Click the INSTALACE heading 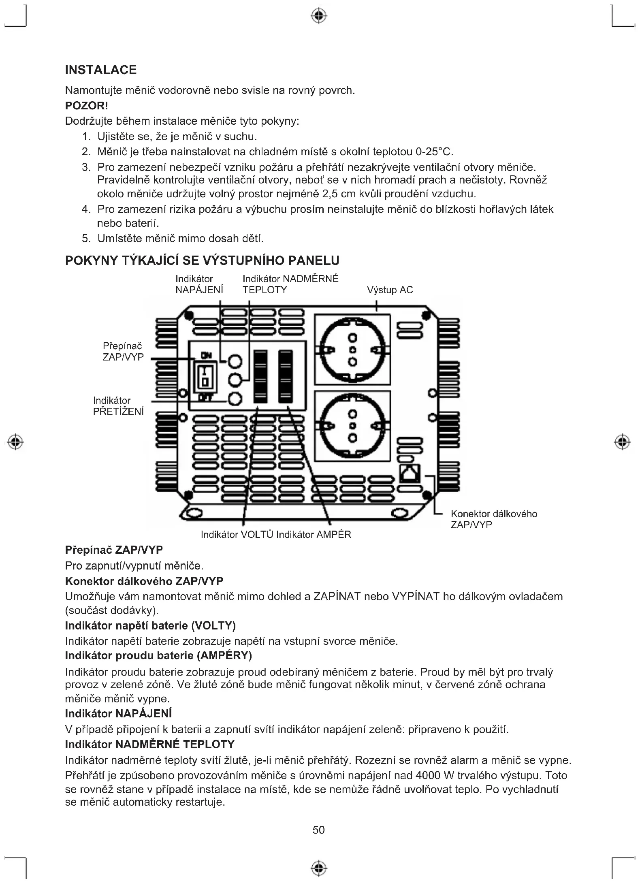pos(101,70)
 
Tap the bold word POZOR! pos(87,106)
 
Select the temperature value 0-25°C pos(433,152)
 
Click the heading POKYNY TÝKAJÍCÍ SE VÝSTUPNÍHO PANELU pos(202,260)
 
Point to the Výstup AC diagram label pos(390,290)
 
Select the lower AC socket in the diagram pos(352,426)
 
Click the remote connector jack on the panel pos(410,472)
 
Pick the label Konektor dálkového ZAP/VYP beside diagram pos(494,519)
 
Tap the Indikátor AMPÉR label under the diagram pos(314,535)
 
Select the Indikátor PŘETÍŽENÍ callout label pos(118,406)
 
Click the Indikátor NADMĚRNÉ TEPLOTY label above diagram pos(290,284)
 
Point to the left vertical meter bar pos(260,377)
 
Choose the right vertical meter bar pos(286,377)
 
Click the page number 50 pos(318,830)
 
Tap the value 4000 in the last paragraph pos(428,775)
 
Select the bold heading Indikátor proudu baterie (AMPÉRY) pos(158,655)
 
